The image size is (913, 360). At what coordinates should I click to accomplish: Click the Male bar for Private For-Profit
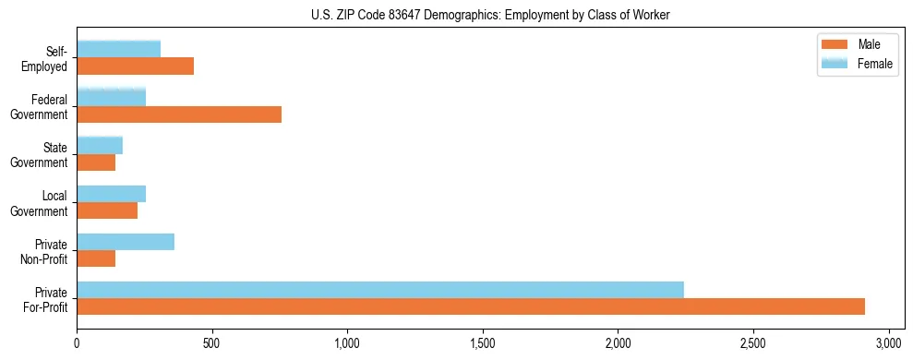click(471, 306)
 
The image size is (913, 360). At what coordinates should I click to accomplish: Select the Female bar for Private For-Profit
click(380, 290)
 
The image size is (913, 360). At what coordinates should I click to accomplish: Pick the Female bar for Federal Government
click(111, 97)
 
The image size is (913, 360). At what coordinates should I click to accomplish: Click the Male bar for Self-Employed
click(135, 66)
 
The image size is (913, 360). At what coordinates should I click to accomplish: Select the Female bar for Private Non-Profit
click(126, 242)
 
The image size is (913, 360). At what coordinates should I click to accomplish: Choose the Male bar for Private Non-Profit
click(96, 258)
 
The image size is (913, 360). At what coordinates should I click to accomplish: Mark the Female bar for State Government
click(100, 145)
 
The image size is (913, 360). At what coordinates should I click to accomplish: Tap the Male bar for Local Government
click(107, 210)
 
